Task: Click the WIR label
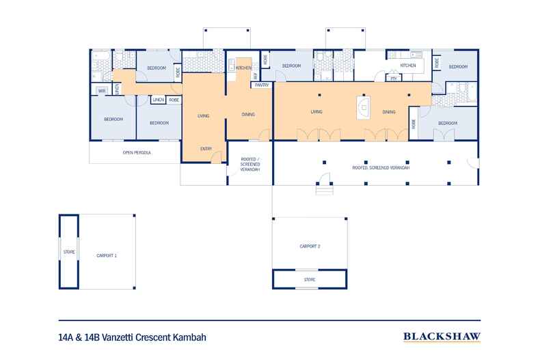(x=101, y=90)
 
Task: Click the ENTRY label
(x=206, y=149)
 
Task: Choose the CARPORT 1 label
(x=106, y=255)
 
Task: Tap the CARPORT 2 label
(x=310, y=245)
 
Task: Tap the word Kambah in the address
(x=188, y=337)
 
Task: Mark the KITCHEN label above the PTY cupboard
(x=408, y=66)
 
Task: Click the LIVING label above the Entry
(x=203, y=116)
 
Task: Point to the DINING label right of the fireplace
(x=388, y=112)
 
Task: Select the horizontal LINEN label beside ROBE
(x=158, y=100)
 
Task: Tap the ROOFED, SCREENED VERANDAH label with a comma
(x=375, y=167)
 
